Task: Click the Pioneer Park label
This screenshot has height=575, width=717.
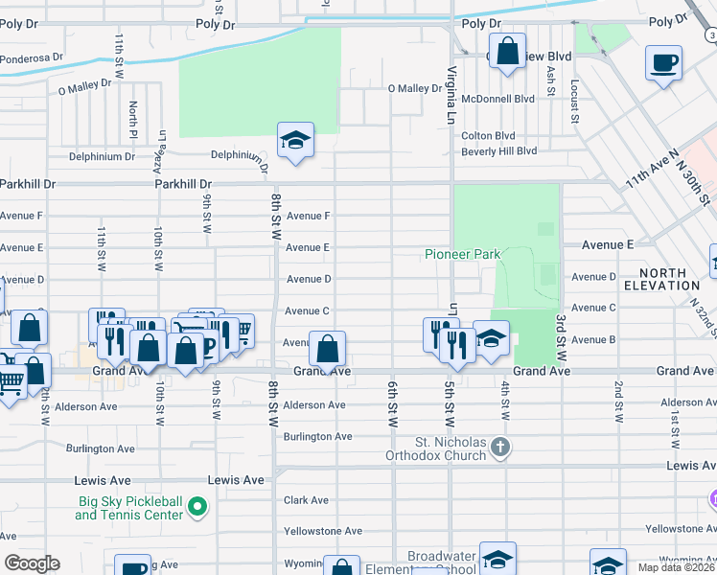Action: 462,255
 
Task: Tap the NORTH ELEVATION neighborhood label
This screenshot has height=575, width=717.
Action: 661,279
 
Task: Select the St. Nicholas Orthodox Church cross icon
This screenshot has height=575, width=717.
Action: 500,448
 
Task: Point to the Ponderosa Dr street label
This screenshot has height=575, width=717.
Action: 32,58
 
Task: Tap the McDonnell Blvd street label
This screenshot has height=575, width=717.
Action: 497,99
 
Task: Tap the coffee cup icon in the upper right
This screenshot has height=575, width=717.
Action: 663,64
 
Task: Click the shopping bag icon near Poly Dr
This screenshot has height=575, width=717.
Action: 507,50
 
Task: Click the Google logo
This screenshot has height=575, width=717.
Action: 32,563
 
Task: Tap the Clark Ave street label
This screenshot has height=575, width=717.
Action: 306,500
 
